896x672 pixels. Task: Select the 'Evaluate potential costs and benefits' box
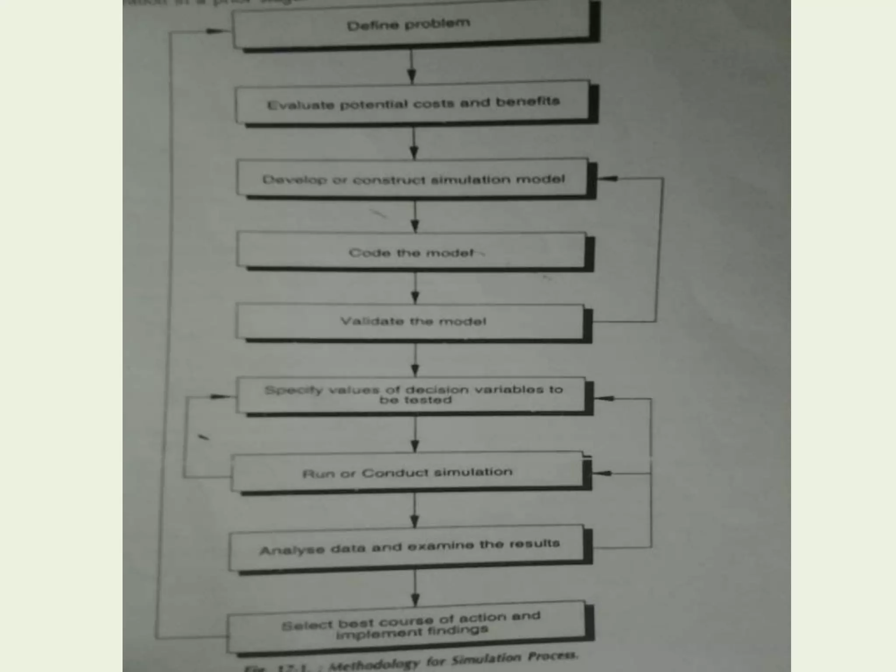(x=413, y=103)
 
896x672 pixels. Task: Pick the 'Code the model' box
(x=411, y=252)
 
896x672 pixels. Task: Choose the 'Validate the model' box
(x=413, y=322)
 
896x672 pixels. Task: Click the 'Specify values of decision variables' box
(x=413, y=395)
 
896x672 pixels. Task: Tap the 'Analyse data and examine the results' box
(x=409, y=547)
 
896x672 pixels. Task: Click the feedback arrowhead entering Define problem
(x=214, y=31)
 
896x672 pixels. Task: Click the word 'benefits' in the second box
(x=528, y=101)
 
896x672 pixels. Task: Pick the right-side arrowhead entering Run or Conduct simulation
(x=603, y=473)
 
